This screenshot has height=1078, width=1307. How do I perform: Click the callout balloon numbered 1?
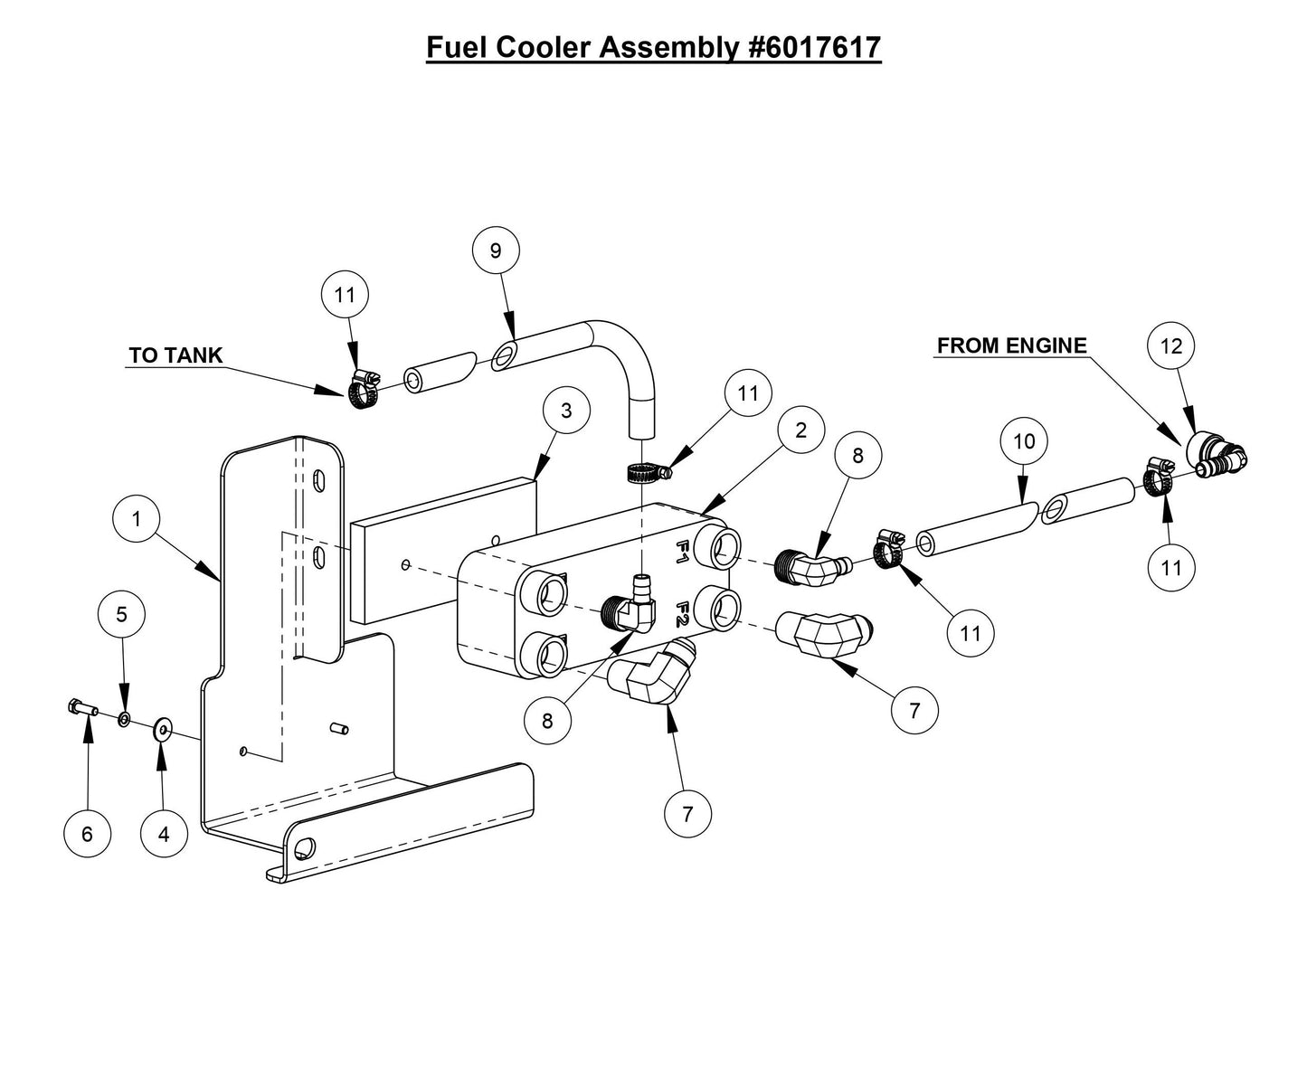[x=136, y=519]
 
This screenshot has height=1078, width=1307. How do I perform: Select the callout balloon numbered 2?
[x=800, y=430]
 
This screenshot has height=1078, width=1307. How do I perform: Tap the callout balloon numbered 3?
[x=566, y=411]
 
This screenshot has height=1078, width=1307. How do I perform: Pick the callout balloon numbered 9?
[x=496, y=251]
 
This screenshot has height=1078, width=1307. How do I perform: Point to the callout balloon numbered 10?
[x=1024, y=441]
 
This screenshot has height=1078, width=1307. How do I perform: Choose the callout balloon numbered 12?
[x=1171, y=345]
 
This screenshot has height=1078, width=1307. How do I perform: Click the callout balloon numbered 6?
[x=87, y=833]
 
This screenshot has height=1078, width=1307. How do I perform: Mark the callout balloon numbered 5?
[x=122, y=614]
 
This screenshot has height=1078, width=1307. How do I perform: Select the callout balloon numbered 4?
[x=164, y=833]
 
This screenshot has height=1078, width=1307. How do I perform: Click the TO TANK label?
[x=175, y=355]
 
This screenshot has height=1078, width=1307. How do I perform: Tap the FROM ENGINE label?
[x=1011, y=345]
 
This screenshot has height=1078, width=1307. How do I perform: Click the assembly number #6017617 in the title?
[x=815, y=47]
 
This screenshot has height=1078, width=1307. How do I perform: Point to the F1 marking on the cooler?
[x=685, y=551]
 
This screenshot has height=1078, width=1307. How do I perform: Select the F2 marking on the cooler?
[x=685, y=615]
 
